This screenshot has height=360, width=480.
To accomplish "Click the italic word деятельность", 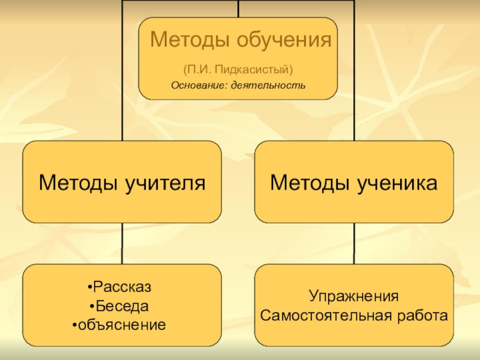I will pyautogui.click(x=268, y=85).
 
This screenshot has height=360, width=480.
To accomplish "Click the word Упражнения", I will pyautogui.click(x=354, y=296).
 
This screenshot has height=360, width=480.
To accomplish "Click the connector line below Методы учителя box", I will pyautogui.click(x=122, y=243).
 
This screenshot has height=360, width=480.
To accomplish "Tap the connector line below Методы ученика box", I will pyautogui.click(x=354, y=243).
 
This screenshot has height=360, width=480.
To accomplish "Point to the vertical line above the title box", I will pyautogui.click(x=238, y=8).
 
